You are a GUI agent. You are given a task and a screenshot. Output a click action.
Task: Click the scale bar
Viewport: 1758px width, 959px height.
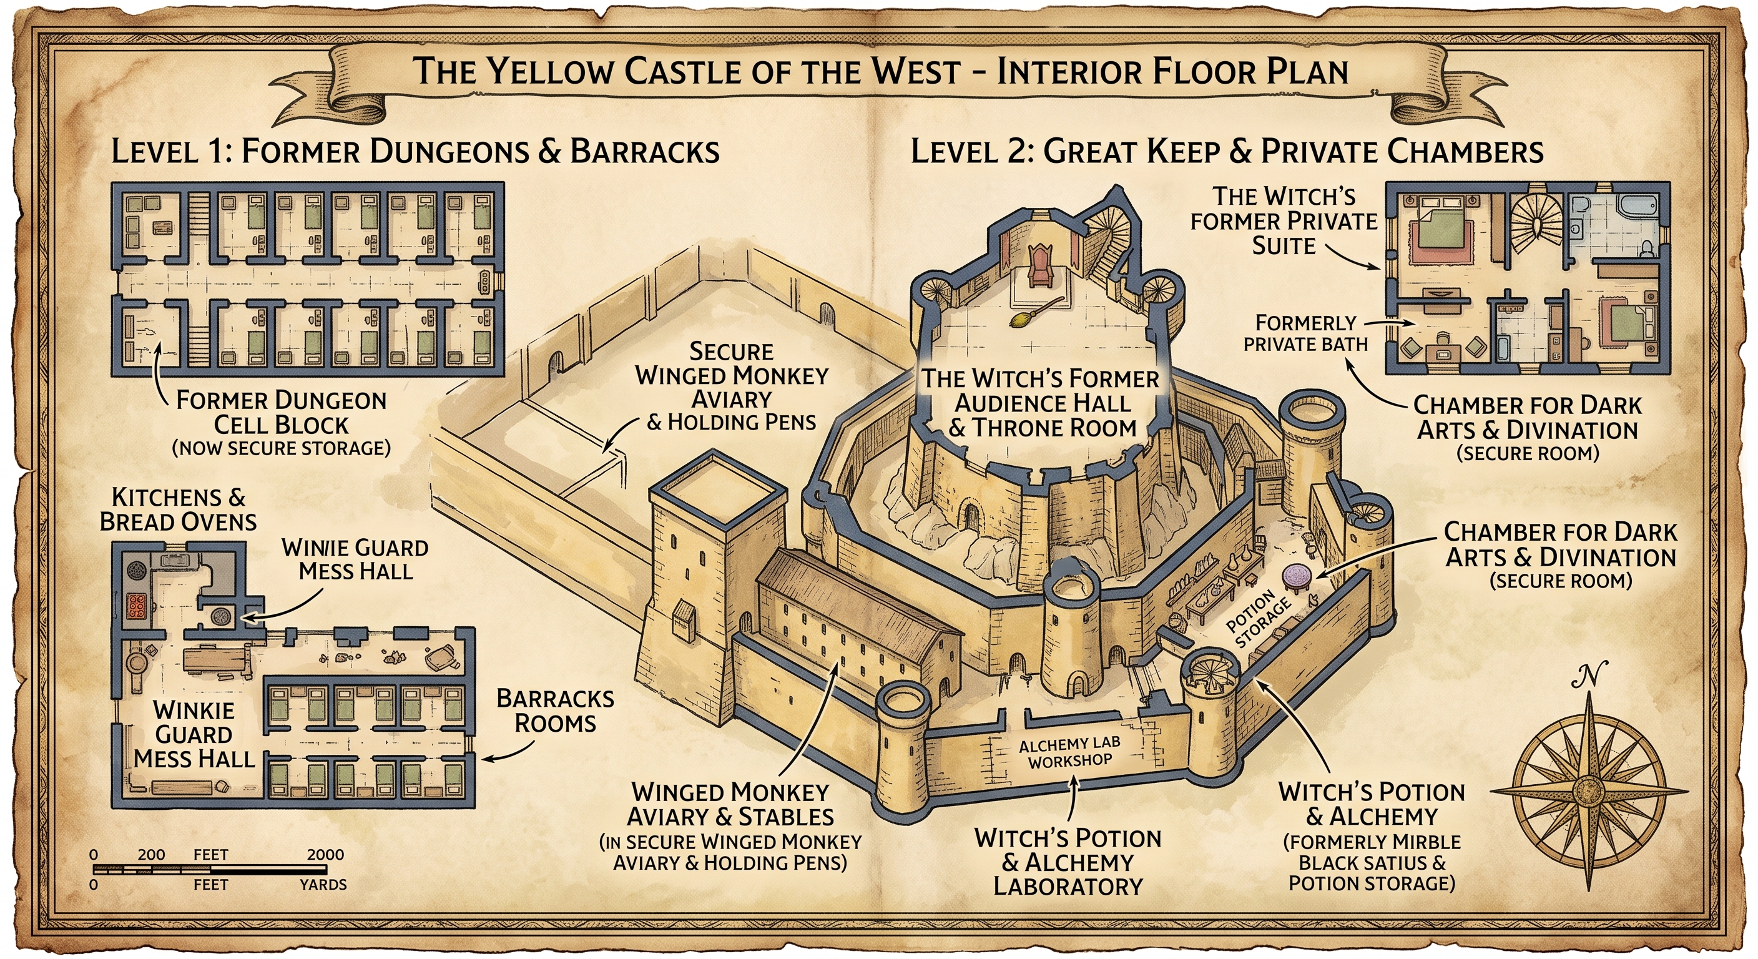coord(210,870)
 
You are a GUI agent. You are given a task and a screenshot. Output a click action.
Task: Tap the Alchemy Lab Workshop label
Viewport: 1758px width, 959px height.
coord(1069,752)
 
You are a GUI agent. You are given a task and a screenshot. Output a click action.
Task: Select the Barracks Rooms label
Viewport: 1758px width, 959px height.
coord(555,711)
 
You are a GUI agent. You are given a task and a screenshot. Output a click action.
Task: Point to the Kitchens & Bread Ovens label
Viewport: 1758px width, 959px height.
coord(178,509)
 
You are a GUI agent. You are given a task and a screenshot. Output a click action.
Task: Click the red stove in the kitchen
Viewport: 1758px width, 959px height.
coord(137,606)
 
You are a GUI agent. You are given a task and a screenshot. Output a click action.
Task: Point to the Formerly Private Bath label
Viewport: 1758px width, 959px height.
coord(1305,333)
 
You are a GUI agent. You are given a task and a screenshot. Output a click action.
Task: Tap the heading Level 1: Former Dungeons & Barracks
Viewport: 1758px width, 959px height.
coord(415,151)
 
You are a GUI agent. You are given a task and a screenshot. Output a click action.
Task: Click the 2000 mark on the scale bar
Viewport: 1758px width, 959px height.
coord(325,855)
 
